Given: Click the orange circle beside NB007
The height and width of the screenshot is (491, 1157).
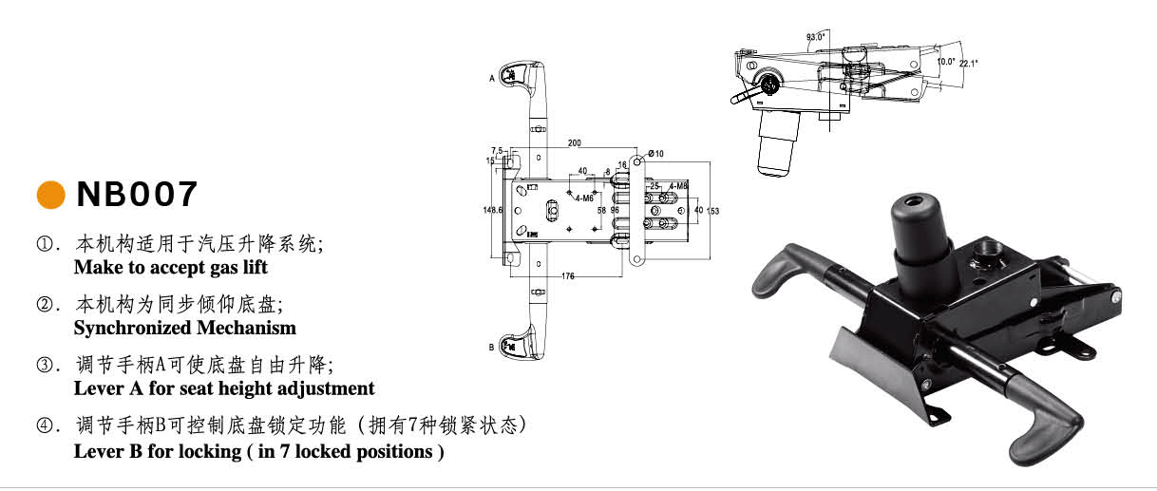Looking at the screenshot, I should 50,194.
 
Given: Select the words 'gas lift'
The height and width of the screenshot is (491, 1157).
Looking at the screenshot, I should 236,267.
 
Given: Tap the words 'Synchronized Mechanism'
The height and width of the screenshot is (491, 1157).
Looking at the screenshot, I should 185,328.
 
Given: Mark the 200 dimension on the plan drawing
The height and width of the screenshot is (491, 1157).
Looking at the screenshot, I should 575,143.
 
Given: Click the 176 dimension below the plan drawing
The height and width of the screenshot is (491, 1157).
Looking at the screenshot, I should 568,276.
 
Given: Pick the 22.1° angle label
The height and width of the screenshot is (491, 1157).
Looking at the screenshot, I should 968,64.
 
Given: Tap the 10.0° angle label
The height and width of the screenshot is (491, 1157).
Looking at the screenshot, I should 945,61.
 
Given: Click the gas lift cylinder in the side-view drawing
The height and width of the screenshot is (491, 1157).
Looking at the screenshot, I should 778,140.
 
